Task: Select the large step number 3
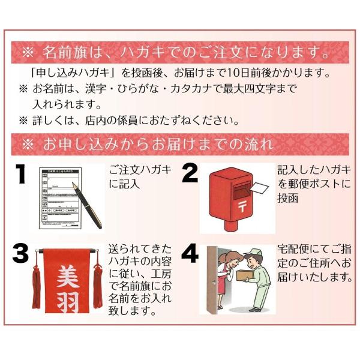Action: [21, 254]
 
